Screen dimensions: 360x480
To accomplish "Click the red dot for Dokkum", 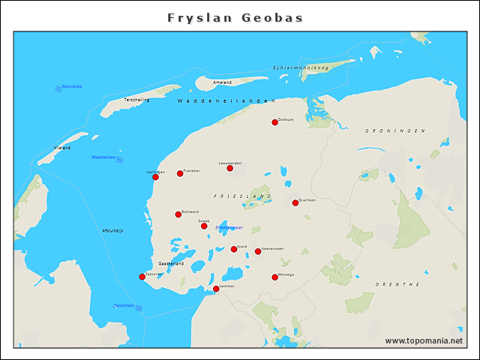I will (274, 122).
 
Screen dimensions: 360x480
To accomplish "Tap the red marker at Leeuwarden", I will (229, 168).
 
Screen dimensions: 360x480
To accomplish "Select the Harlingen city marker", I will (155, 177).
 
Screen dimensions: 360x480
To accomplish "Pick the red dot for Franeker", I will (180, 173).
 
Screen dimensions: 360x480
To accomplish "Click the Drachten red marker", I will (295, 202).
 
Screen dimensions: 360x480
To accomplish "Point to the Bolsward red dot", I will (178, 214).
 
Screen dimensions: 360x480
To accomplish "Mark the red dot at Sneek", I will (204, 226).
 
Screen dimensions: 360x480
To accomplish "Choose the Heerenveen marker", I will (258, 251).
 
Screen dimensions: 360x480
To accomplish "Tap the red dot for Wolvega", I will (274, 277).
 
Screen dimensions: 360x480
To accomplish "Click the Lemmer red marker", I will (216, 289).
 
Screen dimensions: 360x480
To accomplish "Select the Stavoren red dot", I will (142, 277).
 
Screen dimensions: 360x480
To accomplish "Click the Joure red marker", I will (234, 249).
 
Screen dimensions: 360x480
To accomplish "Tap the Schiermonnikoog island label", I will (301, 68).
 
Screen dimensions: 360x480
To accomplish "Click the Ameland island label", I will (223, 82).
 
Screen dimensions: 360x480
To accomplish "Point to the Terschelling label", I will (136, 100).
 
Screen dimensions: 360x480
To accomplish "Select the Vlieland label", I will (62, 148).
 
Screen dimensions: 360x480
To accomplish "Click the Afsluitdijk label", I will (112, 229).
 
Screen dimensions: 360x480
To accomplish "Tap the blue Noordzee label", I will (72, 87).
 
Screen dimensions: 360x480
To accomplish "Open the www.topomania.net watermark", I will (424, 340).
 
